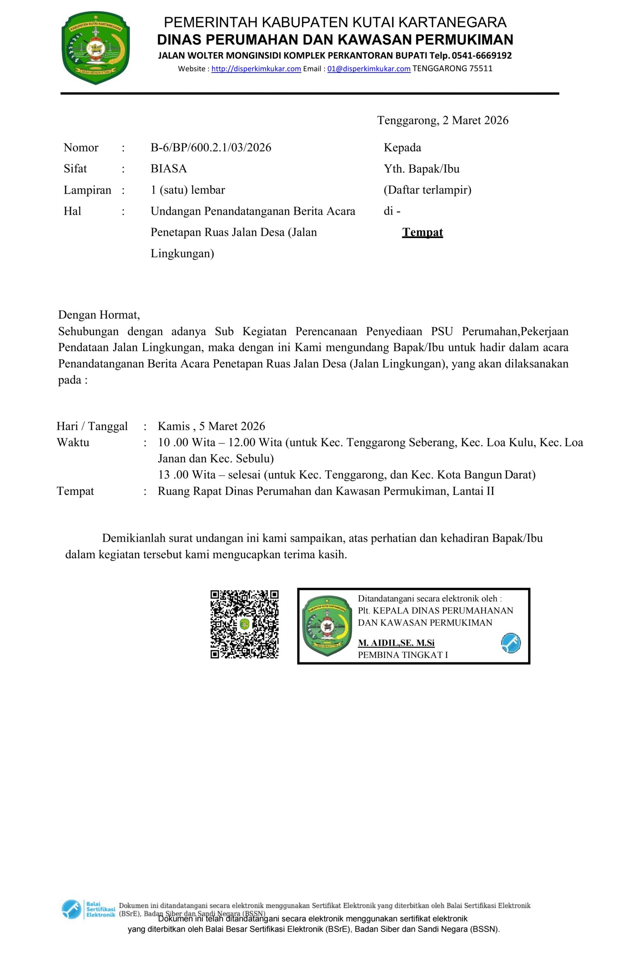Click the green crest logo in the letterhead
point(96,48)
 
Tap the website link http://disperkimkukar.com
point(256,69)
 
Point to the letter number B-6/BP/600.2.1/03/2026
point(211,148)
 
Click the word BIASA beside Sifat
point(169,169)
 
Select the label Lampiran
point(87,190)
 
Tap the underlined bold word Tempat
point(422,233)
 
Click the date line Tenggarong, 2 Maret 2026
point(442,120)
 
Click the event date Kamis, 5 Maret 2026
point(211,426)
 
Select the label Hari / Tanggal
point(92,426)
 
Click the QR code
point(244,624)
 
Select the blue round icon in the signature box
point(510,643)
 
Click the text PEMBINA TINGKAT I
point(403,655)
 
